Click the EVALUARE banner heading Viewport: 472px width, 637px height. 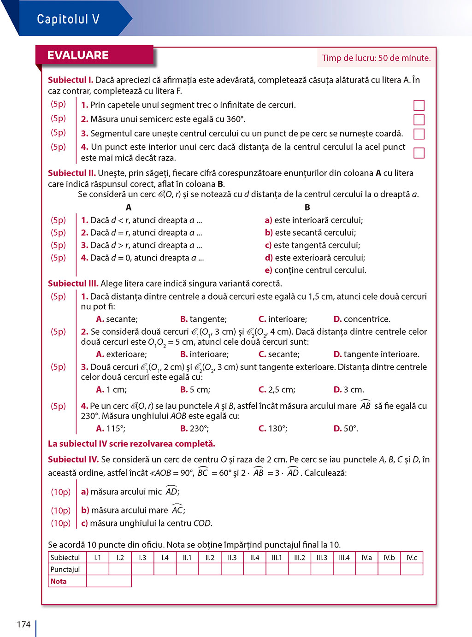point(78,55)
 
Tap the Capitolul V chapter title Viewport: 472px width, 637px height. point(68,19)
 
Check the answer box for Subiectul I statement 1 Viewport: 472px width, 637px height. point(419,106)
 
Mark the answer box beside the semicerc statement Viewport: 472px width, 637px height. point(419,120)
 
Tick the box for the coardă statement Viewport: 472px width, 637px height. point(419,134)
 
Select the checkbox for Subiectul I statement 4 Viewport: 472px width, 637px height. point(419,153)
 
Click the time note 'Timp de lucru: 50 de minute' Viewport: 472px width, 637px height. point(376,58)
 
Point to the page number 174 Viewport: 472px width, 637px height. point(24,625)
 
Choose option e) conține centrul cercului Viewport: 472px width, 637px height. point(315,270)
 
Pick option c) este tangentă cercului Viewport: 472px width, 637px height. point(313,245)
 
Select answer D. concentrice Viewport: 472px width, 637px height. point(362,319)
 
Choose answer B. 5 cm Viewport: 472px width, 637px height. point(195,389)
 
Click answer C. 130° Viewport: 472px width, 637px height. point(273,428)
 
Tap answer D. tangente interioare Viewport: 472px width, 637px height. point(376,354)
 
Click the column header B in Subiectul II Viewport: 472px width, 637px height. point(307,207)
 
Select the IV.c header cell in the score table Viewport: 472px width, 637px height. point(412,558)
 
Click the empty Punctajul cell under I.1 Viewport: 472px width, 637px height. point(98,569)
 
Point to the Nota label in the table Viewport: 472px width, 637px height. point(59,581)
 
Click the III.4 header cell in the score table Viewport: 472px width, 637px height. point(344,558)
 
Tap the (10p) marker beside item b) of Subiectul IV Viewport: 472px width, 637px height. point(61,510)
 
